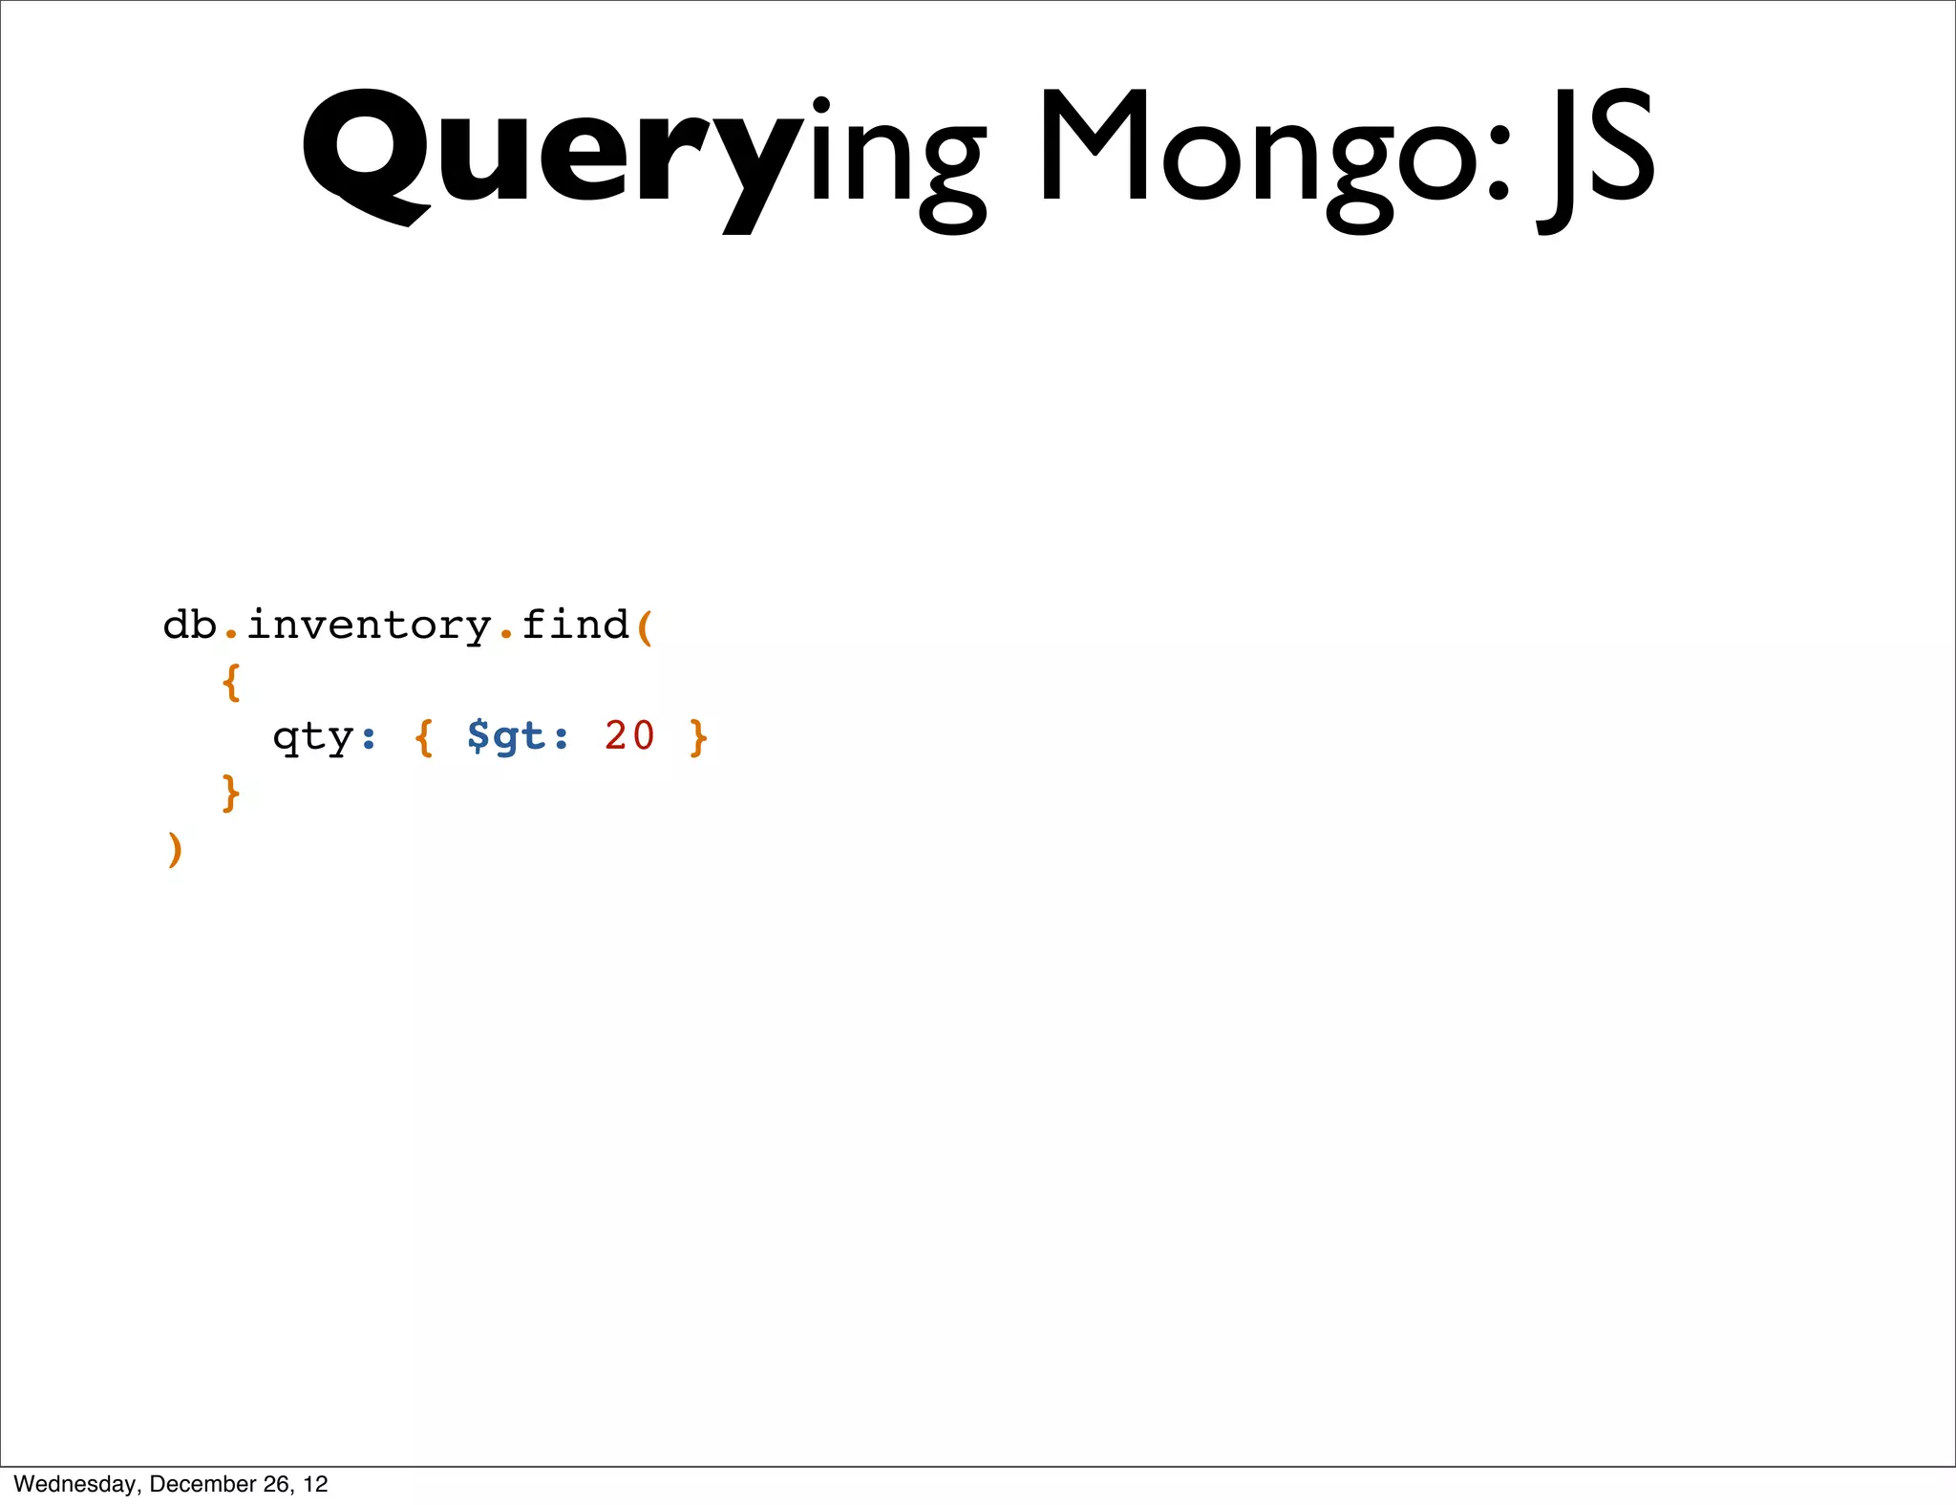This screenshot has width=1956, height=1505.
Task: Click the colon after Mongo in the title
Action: tap(1499, 162)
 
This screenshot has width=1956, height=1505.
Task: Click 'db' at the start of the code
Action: tap(190, 625)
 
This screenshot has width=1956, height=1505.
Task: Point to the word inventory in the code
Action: tap(369, 626)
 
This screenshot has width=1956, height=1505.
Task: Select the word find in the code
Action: tap(575, 625)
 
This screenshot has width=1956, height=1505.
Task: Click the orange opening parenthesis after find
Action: tap(645, 627)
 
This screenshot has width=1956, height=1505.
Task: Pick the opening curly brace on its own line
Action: tap(230, 682)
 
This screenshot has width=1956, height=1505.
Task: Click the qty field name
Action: tap(313, 737)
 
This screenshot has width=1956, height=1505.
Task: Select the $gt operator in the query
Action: tap(506, 736)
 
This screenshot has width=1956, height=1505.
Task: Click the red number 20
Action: tap(629, 735)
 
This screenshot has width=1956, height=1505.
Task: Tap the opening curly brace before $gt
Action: tap(424, 737)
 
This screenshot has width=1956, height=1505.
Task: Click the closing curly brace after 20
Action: tap(698, 737)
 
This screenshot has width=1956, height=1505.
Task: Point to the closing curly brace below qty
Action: tap(230, 793)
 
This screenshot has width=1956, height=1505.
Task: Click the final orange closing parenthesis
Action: tap(174, 849)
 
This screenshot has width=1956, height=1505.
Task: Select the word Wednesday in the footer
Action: tap(74, 1484)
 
